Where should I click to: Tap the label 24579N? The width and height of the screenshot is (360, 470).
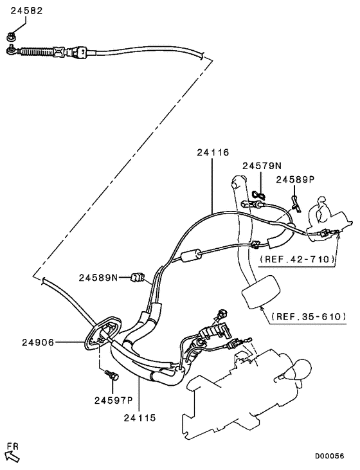(260, 166)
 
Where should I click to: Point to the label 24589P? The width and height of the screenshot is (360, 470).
(295, 179)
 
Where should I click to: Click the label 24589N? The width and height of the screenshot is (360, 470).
(98, 278)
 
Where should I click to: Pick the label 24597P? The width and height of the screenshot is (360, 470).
(113, 400)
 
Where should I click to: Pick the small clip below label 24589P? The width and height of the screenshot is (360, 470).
(295, 204)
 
